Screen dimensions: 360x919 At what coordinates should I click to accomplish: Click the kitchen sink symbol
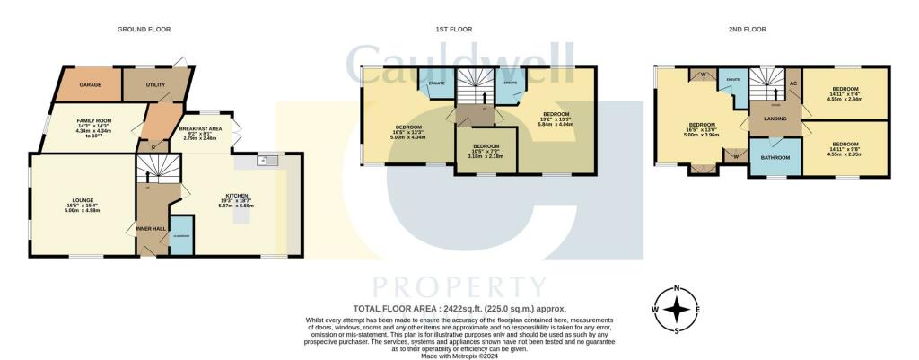tap(267, 161)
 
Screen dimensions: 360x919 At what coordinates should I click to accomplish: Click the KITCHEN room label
tap(238, 195)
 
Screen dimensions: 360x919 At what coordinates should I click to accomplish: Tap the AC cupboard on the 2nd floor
tap(792, 83)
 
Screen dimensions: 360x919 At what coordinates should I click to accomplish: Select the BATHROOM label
tap(775, 158)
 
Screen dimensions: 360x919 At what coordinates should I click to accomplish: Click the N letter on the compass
tap(678, 288)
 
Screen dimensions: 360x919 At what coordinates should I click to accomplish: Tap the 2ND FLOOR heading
tap(747, 30)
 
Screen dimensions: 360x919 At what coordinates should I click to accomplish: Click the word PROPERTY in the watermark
tap(459, 287)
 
